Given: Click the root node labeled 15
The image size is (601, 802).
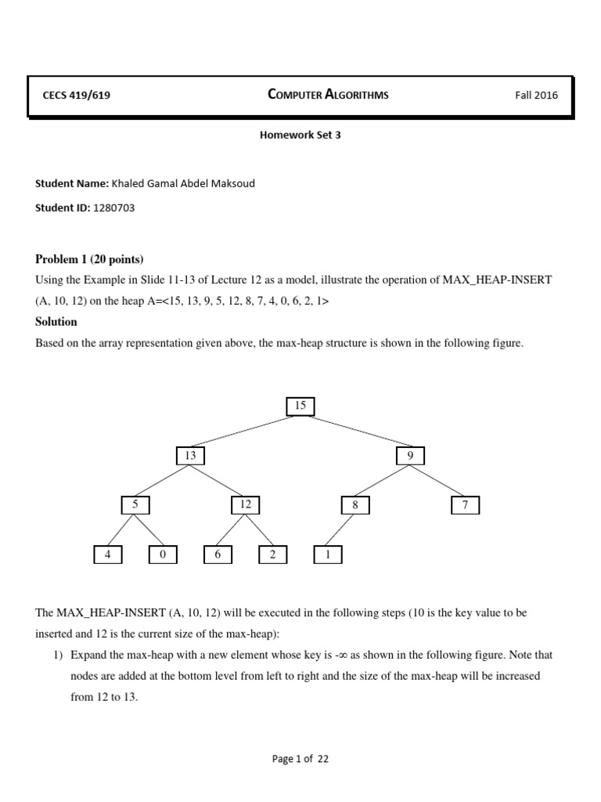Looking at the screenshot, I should click(300, 406).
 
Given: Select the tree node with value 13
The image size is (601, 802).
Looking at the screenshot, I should click(190, 456).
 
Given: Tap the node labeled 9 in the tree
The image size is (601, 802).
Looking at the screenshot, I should click(410, 456).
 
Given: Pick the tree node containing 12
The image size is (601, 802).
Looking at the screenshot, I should click(246, 505).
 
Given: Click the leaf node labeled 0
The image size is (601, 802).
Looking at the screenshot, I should click(163, 555).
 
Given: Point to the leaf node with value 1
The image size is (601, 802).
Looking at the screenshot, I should click(328, 555).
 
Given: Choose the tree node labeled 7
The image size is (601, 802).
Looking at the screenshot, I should click(465, 505).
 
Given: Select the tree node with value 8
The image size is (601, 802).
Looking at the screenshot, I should click(355, 505).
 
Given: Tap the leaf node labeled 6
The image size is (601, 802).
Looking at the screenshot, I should click(218, 555).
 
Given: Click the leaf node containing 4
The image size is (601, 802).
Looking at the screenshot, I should click(108, 555).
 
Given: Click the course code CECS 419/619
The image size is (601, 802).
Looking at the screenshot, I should click(81, 96).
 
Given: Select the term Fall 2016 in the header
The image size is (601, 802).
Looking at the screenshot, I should click(536, 96).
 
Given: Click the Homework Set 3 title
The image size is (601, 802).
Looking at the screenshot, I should click(300, 135).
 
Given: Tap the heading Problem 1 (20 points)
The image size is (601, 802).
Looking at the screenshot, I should click(89, 259).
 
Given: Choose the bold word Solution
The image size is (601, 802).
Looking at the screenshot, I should click(56, 322).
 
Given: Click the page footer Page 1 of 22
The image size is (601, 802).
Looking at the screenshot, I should click(300, 758).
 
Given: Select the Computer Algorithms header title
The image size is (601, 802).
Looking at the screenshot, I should click(328, 95).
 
